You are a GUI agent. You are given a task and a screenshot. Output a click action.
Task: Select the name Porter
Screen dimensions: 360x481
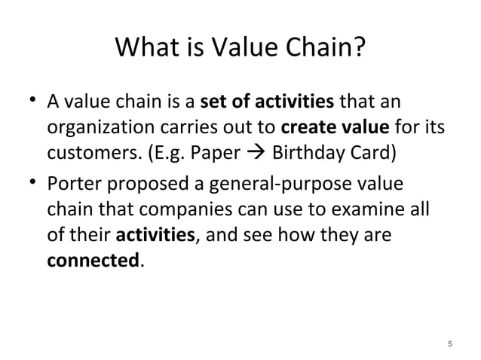click(x=74, y=185)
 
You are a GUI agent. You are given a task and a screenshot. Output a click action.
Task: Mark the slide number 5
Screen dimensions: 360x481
click(x=449, y=344)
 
